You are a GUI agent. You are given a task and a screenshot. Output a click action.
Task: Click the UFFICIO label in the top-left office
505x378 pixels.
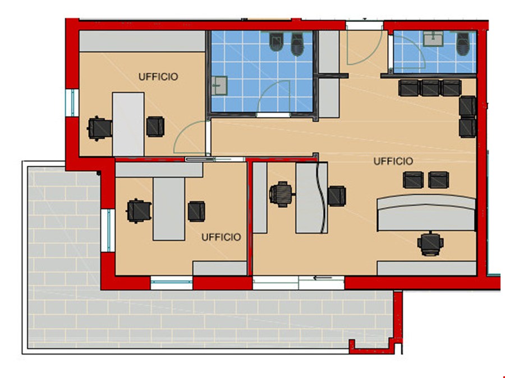point(158,77)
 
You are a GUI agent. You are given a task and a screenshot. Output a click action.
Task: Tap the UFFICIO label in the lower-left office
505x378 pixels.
point(221,237)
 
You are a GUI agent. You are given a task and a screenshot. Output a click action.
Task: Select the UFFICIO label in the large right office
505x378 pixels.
point(393,161)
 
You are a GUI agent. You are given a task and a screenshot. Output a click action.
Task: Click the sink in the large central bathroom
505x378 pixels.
point(219,86)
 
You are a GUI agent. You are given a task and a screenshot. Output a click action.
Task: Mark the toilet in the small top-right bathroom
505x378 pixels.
point(463,44)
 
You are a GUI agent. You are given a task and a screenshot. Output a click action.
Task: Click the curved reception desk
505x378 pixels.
point(426,212)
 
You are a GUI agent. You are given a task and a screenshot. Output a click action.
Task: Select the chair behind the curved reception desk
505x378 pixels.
point(430,244)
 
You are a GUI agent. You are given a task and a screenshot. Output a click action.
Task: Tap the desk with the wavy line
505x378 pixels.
point(311,198)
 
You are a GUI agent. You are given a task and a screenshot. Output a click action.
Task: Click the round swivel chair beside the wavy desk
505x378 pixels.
point(281,194)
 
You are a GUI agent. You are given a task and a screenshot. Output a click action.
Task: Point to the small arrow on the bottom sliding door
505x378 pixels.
point(323,278)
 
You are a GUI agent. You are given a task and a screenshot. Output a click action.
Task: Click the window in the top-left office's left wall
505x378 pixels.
point(72,102)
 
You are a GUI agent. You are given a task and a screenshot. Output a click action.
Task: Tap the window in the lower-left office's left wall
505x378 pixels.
point(108,230)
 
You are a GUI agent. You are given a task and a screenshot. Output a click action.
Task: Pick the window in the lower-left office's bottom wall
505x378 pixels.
point(172,282)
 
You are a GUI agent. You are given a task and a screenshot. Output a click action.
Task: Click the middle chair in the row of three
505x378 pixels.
point(430,88)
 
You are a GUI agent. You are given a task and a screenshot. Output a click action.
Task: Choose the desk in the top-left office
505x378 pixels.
point(128,124)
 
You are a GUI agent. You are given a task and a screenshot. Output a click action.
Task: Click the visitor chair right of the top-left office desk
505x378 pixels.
point(155,127)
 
